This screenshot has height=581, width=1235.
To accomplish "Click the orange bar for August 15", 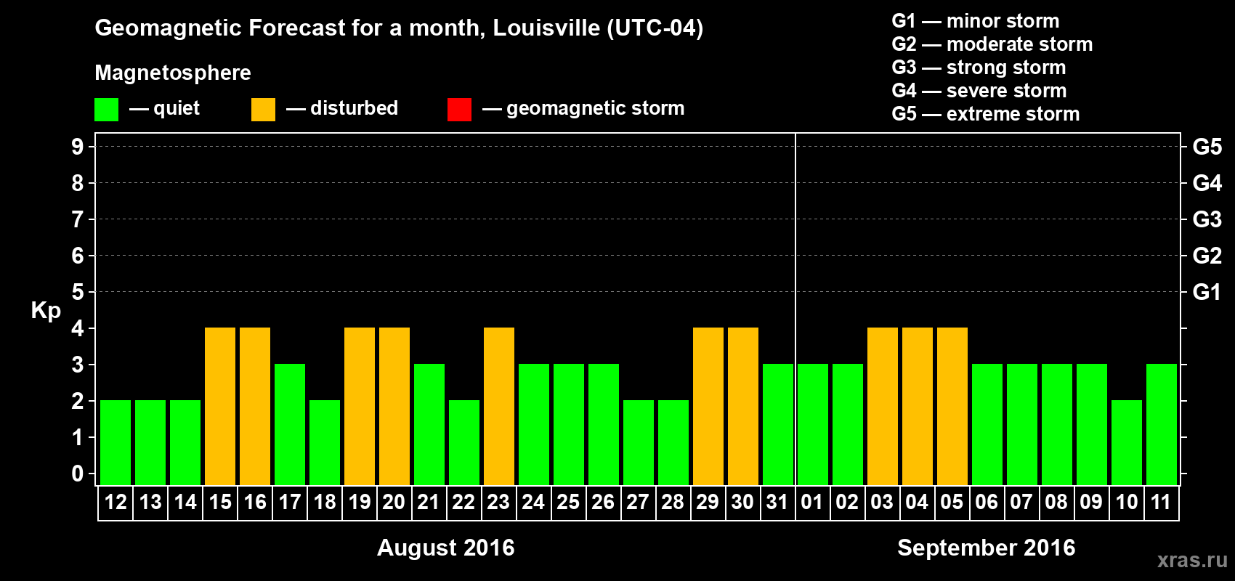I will (x=220, y=407).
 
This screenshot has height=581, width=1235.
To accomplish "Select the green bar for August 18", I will (x=325, y=442).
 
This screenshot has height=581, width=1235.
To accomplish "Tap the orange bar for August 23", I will (x=499, y=407).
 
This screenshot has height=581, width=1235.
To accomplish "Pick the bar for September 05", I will (x=952, y=407).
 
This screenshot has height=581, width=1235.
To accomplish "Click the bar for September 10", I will (x=1127, y=442).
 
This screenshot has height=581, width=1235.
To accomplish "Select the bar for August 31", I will (x=778, y=424).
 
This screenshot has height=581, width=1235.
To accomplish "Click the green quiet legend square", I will (x=107, y=110).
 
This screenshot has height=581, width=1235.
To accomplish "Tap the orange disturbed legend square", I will (x=263, y=110).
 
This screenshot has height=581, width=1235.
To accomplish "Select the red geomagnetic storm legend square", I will (x=459, y=110).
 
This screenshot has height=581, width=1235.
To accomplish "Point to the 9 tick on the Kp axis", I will (x=78, y=147).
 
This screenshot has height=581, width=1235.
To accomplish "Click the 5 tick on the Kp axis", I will (x=78, y=292).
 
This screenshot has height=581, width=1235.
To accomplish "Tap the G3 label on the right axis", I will (x=1207, y=219).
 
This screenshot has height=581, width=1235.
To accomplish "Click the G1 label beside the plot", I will (x=1207, y=292).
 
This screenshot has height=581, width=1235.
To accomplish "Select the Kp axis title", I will (x=46, y=311).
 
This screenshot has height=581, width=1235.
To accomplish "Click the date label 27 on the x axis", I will (x=638, y=503).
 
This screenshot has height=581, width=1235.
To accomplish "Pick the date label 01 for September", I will (x=812, y=503).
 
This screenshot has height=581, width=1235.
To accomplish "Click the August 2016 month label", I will (x=445, y=548).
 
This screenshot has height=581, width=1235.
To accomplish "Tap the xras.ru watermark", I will (x=1192, y=559).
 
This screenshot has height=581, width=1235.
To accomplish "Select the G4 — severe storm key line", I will (x=979, y=91).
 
